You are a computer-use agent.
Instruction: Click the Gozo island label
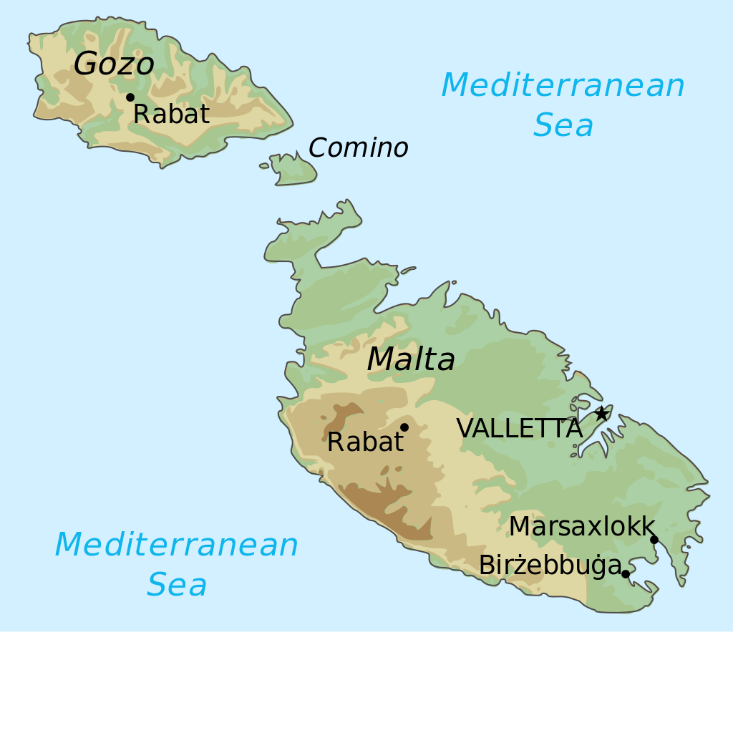point(114,64)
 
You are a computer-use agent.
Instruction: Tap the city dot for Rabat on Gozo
point(130,97)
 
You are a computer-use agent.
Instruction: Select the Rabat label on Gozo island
point(171,115)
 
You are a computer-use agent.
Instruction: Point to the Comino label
point(358,148)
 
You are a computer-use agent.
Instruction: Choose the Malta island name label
point(411,359)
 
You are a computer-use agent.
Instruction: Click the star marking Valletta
point(601,413)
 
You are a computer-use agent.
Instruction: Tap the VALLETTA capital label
point(519,429)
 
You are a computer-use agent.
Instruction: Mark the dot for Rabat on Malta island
point(404,427)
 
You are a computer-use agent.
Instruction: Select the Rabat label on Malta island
point(365,442)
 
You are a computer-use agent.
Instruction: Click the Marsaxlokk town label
point(582,527)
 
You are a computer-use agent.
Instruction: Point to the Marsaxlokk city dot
point(654,540)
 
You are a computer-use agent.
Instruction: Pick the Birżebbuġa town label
point(550,565)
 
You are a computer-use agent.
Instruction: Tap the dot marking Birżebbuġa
point(625,574)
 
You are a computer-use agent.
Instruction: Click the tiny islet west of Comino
point(264,165)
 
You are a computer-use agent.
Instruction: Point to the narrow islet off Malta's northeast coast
point(408,271)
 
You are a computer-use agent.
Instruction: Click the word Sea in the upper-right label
point(563,126)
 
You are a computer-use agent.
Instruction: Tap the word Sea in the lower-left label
point(177,585)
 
